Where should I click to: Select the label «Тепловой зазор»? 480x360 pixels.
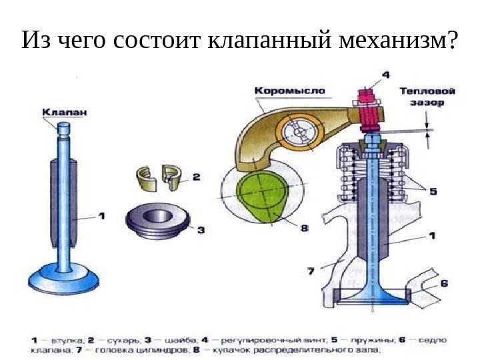point(427,97)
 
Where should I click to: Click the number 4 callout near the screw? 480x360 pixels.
point(386,75)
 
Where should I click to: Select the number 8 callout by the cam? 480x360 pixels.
point(304,228)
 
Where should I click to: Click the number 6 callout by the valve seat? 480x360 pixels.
point(444,283)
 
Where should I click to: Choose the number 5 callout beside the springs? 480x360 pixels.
point(433,191)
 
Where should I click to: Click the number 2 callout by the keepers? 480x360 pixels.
point(196,177)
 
